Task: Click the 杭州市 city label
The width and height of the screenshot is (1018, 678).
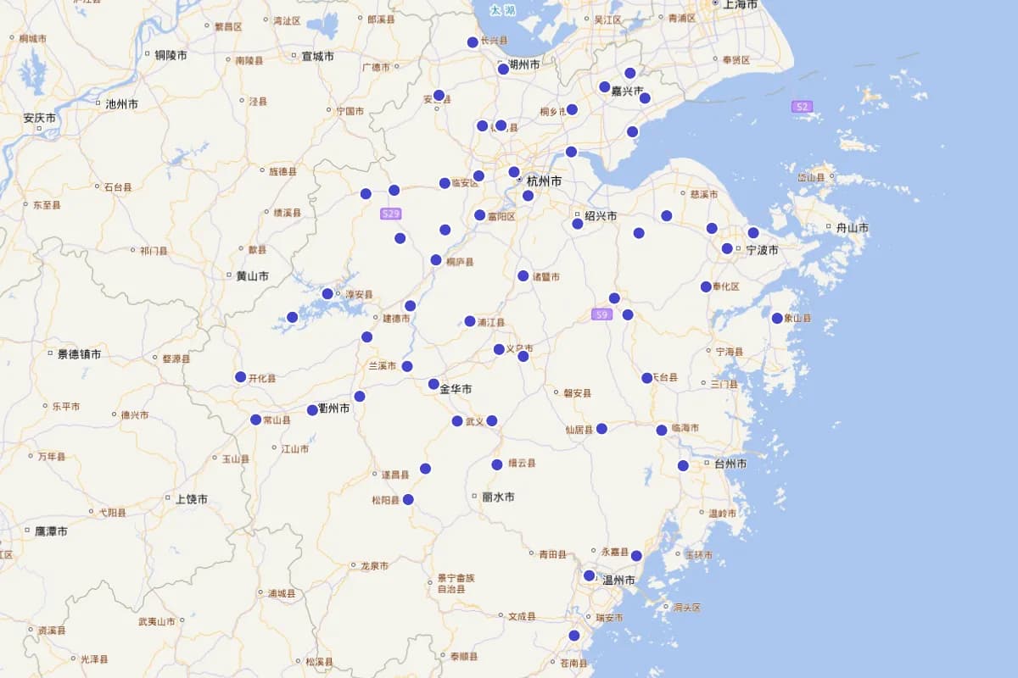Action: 544,181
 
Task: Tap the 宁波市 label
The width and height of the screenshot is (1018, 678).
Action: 762,250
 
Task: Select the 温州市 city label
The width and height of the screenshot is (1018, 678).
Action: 618,581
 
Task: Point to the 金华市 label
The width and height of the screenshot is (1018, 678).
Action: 456,389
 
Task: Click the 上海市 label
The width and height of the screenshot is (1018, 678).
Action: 740,4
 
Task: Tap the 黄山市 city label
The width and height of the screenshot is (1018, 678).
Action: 252,276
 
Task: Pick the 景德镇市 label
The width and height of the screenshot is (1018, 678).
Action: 79,354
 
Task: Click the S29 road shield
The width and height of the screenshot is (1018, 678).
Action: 390,214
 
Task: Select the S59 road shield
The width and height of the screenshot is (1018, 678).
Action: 601,314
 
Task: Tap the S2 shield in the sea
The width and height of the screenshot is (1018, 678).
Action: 802,107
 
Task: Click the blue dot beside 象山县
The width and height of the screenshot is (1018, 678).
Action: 777,319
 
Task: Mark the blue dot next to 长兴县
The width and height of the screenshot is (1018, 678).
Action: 473,42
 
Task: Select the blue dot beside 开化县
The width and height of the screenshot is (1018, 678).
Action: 241,377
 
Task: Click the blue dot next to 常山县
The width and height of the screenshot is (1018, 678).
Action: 256,420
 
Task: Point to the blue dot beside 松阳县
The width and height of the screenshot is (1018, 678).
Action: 408,500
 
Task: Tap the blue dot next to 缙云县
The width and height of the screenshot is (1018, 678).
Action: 497,464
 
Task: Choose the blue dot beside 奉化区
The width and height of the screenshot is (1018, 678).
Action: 706,286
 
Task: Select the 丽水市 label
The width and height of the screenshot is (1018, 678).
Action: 497,497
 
